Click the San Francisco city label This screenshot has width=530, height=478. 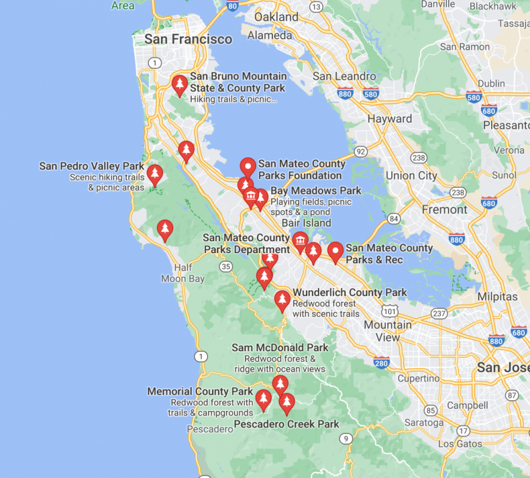pos(188,39)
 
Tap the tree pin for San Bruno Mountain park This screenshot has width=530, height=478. pos(180,85)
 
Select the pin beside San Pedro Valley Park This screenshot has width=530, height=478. pos(154,174)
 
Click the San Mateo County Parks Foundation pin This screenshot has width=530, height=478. pos(248,167)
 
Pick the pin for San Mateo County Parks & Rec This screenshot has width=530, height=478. pos(335,251)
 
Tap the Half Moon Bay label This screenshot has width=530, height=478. pos(183,273)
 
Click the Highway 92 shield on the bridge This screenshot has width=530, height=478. pos(361,152)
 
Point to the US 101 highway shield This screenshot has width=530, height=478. pos(388,311)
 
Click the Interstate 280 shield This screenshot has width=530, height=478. pos(382,364)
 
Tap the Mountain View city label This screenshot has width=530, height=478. pos(388,331)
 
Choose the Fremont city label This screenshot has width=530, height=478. pos(445,209)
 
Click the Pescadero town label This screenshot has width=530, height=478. pos(210,429)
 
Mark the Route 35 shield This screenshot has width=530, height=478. pos(227,267)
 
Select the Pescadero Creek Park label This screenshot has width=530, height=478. pos(286,424)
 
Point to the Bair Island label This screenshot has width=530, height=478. pos(306,223)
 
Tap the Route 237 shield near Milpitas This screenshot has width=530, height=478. pos(440,314)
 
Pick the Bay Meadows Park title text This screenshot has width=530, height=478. pos(316,191)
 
